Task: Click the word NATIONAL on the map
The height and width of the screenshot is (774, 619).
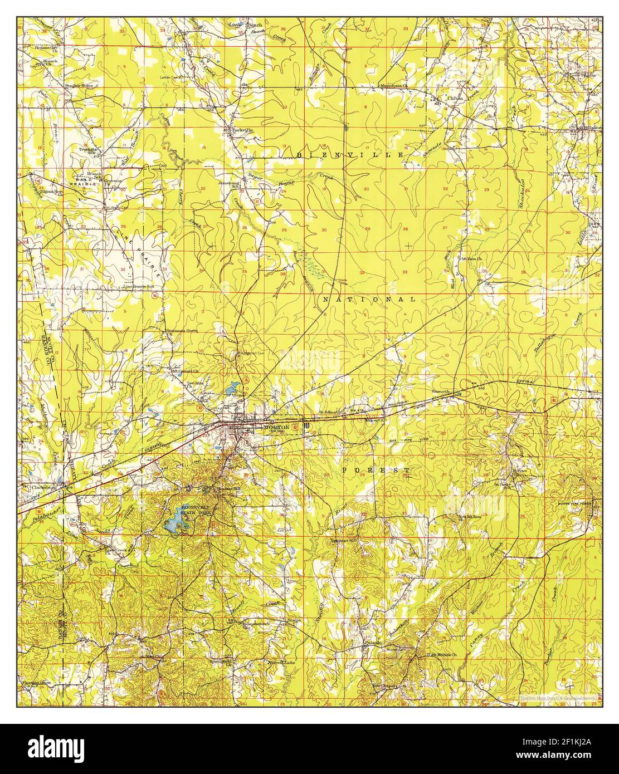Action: [x=369, y=300]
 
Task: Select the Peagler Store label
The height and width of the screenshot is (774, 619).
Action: [x=78, y=86]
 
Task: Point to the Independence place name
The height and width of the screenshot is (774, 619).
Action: [x=256, y=624]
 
